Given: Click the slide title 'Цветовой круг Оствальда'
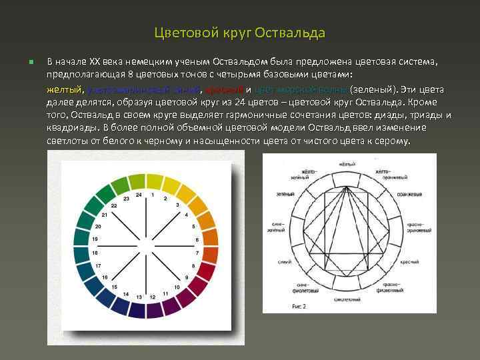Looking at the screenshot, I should click(240, 33).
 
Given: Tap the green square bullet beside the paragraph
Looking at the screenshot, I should click(31, 63).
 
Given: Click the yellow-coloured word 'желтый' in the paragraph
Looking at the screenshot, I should click(64, 89).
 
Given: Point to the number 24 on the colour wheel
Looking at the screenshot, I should click(139, 195).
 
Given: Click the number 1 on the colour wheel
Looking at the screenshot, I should click(153, 195).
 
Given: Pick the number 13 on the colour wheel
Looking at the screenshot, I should click(139, 296).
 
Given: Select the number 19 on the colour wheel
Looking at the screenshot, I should click(95, 238).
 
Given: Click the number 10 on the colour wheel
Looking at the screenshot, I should click(176, 287).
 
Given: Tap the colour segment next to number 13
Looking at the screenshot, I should click(137, 311).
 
